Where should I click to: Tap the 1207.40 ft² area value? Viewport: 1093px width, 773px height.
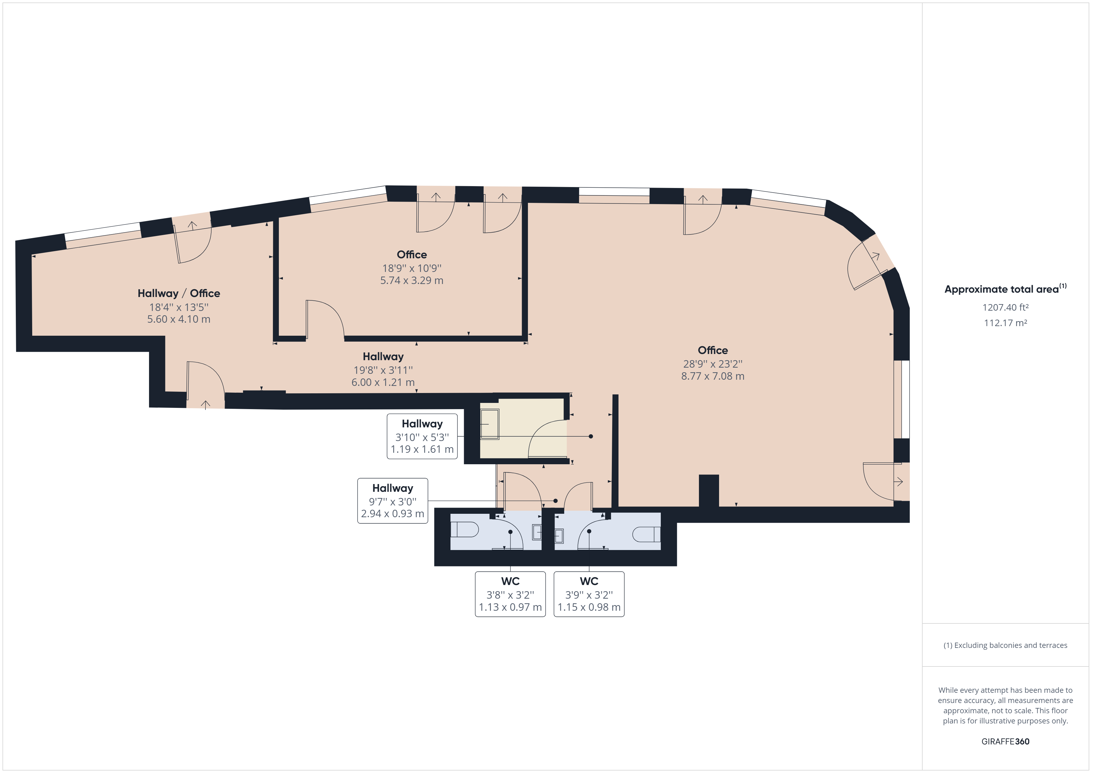pos(1005,308)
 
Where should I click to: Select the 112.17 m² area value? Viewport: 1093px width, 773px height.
pos(1005,323)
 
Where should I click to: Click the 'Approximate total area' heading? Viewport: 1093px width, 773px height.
pos(1005,289)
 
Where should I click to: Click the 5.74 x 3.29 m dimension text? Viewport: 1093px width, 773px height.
pos(412,280)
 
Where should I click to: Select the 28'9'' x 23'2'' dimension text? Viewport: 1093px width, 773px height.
pos(713,364)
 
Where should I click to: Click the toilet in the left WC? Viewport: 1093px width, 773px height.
pos(464,529)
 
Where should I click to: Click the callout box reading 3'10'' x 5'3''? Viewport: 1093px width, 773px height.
pos(422,436)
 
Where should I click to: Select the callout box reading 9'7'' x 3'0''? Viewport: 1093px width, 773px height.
pos(393,501)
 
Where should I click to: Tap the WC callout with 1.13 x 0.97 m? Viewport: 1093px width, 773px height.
pos(510,594)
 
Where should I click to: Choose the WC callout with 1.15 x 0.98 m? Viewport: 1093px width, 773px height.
pos(589,594)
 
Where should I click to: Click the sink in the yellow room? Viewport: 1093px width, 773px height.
pos(489,424)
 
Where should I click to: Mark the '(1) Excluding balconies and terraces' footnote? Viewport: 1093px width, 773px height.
pos(1005,645)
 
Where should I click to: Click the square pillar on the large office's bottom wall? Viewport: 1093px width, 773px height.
pos(709,490)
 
